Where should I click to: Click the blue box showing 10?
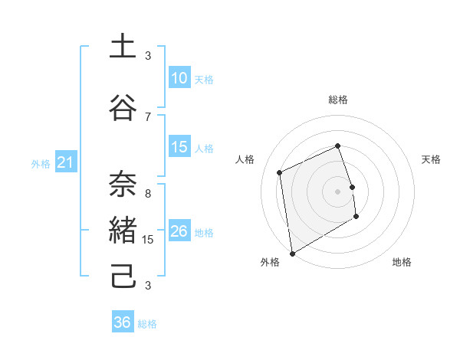179,78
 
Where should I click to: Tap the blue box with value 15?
179,147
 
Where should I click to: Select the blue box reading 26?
179,231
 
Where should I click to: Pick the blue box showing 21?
65,162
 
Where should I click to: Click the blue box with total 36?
123,322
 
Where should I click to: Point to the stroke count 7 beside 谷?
148,116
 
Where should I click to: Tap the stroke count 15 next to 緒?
148,240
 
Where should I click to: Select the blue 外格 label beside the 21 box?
41,163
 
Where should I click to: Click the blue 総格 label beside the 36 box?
147,323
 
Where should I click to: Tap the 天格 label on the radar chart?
432,159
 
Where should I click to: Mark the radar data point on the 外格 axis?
292,253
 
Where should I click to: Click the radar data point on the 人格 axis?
280,172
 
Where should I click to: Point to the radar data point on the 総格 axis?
337,146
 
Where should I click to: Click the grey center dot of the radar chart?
337,191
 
